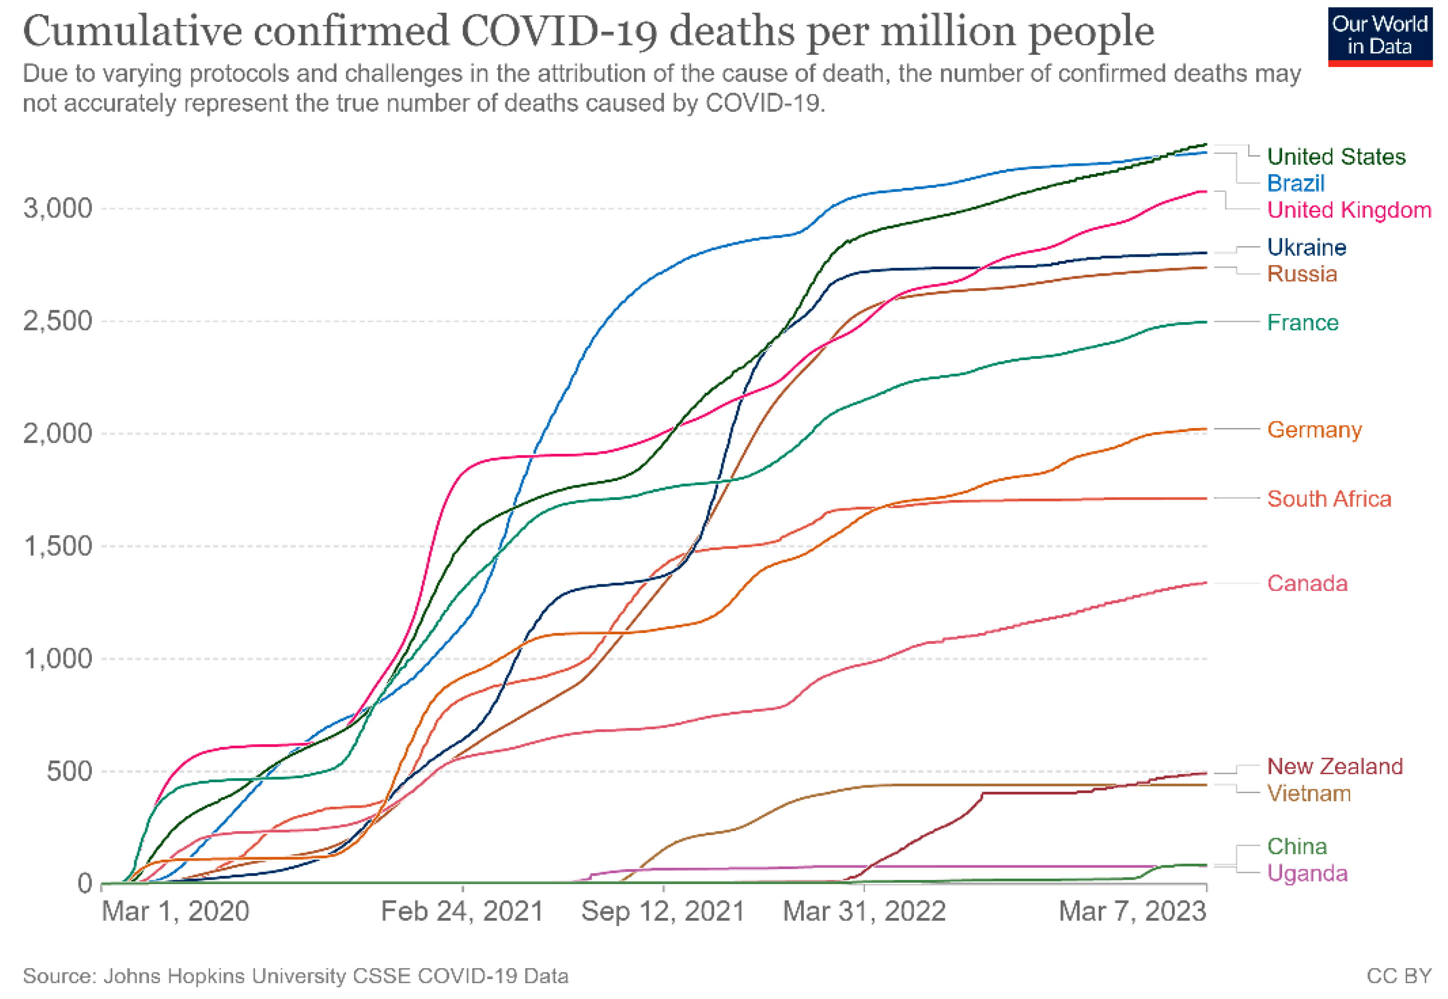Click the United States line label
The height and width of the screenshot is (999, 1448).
pyautogui.click(x=1336, y=156)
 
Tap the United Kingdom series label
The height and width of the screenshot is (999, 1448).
pyautogui.click(x=1349, y=210)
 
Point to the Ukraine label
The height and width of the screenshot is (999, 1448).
pyautogui.click(x=1307, y=247)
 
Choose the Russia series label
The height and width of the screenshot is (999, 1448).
pyautogui.click(x=1302, y=274)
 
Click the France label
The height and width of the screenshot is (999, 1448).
pyautogui.click(x=1302, y=322)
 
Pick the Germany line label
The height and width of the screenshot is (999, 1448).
pyautogui.click(x=1314, y=430)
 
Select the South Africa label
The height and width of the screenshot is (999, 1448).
pyautogui.click(x=1329, y=499)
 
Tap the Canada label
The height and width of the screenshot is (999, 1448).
pyautogui.click(x=1307, y=583)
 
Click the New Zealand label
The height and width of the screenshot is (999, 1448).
pyautogui.click(x=1335, y=766)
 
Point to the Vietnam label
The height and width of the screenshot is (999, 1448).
pyautogui.click(x=1309, y=794)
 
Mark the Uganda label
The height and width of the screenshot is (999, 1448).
pyautogui.click(x=1307, y=873)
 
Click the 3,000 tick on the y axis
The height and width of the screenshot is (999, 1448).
pyautogui.click(x=57, y=208)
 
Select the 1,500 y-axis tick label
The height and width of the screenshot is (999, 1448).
pyautogui.click(x=57, y=546)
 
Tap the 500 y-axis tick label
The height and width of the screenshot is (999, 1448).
pyautogui.click(x=69, y=771)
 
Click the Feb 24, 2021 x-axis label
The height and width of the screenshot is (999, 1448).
pyautogui.click(x=462, y=912)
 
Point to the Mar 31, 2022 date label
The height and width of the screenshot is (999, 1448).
pyautogui.click(x=864, y=912)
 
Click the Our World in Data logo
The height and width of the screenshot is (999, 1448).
pyautogui.click(x=1380, y=36)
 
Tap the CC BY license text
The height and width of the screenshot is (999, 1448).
pyautogui.click(x=1399, y=977)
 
